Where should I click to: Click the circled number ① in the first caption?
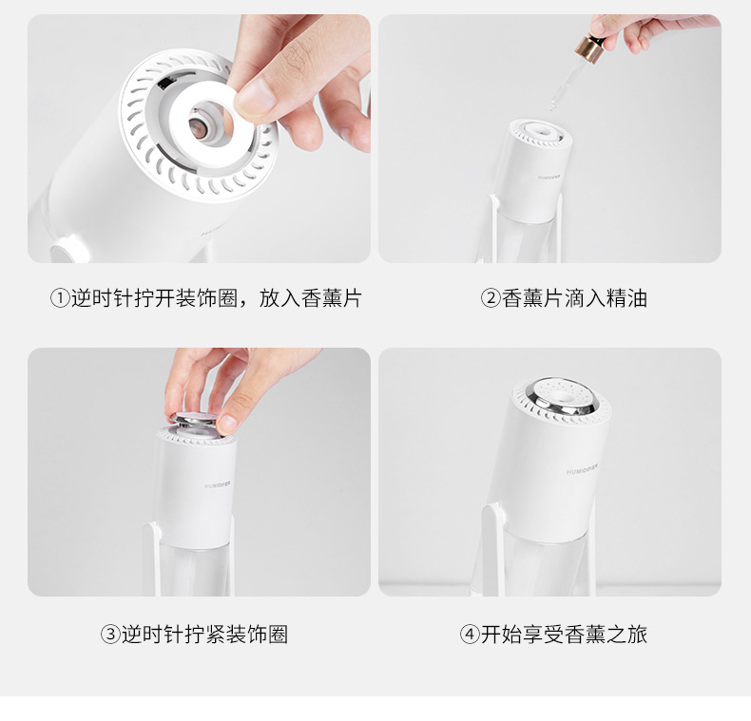(60, 298)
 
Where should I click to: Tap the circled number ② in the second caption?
(491, 298)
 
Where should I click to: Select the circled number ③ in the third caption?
(110, 635)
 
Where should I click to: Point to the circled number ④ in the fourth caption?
(470, 635)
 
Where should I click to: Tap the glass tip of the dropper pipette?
(553, 105)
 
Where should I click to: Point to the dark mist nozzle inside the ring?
(198, 128)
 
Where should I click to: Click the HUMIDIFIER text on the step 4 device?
(582, 469)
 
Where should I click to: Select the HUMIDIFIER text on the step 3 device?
(218, 485)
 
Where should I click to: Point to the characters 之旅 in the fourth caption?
(627, 635)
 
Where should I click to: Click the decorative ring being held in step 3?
(195, 422)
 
